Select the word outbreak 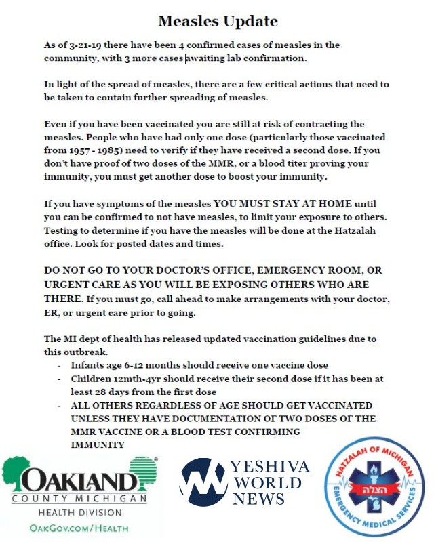coord(98,352)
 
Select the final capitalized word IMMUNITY coord(98,444)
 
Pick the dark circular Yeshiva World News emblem coord(203,482)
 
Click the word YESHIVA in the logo coord(269,467)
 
